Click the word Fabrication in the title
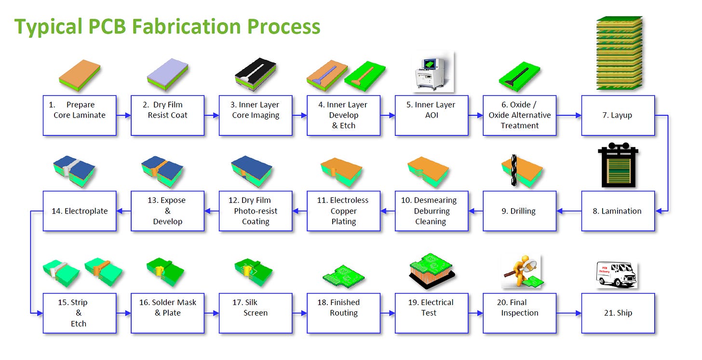tap(186, 27)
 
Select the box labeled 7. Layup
tap(618, 115)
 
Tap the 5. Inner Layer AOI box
tap(432, 115)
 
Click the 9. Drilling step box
tap(519, 211)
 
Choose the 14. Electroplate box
tap(80, 211)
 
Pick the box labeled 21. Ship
tap(618, 313)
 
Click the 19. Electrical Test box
tap(432, 313)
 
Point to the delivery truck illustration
tap(617, 275)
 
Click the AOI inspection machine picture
tap(434, 73)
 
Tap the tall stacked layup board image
tap(619, 53)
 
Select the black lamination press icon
tap(618, 165)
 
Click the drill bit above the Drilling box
tap(513, 170)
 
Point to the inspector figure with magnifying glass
tap(522, 271)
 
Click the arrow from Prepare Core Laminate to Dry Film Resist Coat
tap(123, 115)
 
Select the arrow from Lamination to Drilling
tap(569, 211)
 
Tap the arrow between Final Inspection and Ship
tap(569, 313)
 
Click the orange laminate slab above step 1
tap(80, 75)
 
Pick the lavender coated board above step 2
tap(168, 74)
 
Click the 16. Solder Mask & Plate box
tap(168, 313)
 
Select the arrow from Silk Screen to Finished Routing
tap(299, 313)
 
